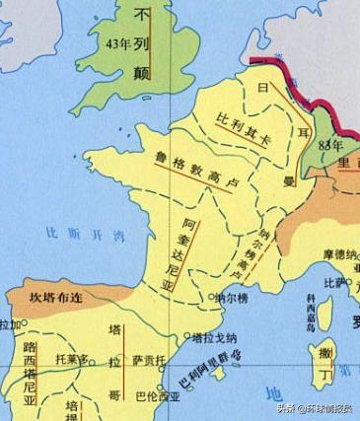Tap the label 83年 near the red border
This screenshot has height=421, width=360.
point(329,148)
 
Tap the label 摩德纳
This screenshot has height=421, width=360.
point(338,254)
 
